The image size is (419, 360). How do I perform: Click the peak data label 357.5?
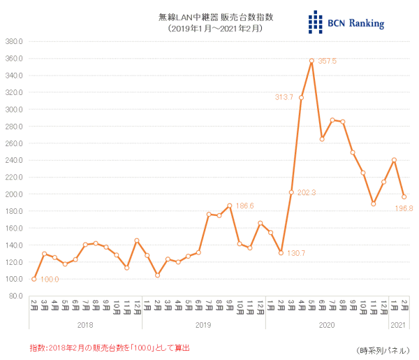pos(328,62)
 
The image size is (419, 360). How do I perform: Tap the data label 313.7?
pos(284,97)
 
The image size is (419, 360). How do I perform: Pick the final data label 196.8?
pos(405,208)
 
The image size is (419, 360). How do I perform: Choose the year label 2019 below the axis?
pos(203,324)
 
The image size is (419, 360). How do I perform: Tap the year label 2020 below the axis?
pos(327,324)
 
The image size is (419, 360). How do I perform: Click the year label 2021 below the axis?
pos(398,324)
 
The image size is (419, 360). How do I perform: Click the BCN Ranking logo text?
pos(355,24)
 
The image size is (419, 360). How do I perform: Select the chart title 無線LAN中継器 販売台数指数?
pos(209,17)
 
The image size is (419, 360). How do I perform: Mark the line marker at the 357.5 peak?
pos(311,61)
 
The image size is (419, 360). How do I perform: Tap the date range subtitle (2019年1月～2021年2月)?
pos(209,29)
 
